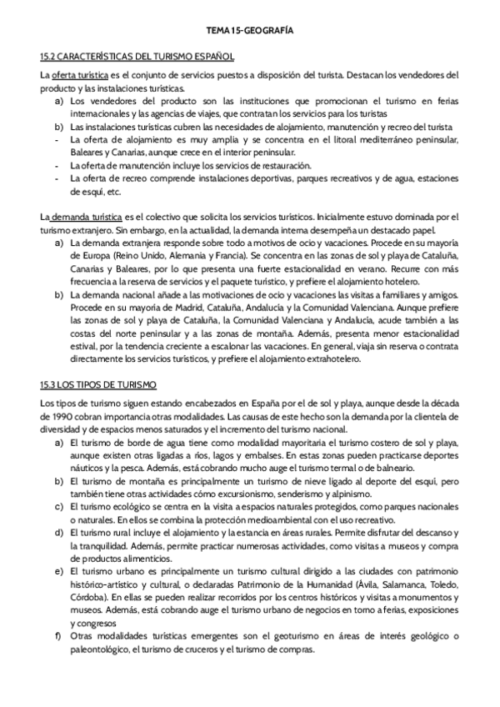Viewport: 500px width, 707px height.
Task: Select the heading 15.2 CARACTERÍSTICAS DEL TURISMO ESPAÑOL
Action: point(137,57)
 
